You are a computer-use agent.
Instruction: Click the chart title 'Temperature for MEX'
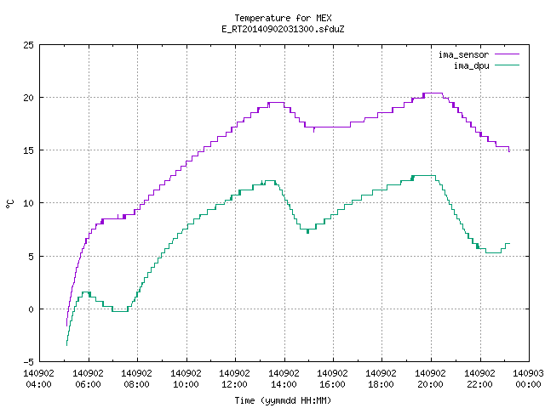(x=283, y=18)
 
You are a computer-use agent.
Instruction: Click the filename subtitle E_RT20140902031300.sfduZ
(x=283, y=29)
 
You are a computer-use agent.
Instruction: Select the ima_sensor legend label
(x=463, y=54)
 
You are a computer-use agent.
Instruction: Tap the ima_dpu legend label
(x=471, y=65)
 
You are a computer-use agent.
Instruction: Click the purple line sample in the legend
(x=508, y=54)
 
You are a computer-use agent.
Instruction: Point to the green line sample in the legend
(x=508, y=65)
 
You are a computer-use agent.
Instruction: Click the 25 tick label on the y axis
(x=28, y=45)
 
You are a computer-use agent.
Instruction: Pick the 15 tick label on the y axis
(x=28, y=150)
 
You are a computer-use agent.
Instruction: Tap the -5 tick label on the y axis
(x=28, y=362)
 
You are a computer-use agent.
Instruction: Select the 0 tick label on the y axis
(x=32, y=309)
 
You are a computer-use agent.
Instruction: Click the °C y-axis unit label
(x=9, y=204)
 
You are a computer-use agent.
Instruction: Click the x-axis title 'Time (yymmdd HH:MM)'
(x=283, y=400)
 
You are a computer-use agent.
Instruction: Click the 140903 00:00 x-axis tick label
(x=528, y=379)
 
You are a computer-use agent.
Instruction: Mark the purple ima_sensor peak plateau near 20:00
(x=433, y=93)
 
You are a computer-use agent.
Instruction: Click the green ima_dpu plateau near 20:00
(x=424, y=176)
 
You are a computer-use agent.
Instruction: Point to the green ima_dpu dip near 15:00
(x=308, y=229)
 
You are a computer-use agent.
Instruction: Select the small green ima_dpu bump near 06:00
(x=86, y=292)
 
